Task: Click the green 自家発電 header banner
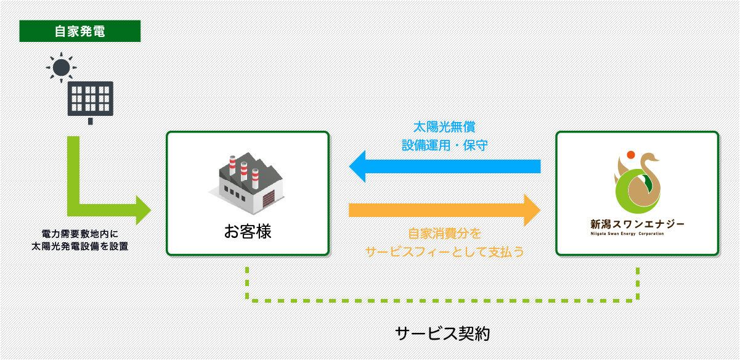tap(80, 31)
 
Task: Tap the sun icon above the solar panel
tap(61, 67)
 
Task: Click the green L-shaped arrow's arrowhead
tap(144, 210)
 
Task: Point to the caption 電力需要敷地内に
tap(79, 234)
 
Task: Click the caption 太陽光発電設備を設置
tap(79, 247)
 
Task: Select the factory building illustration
tap(246, 183)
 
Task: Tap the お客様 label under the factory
tap(248, 231)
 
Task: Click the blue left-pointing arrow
tap(445, 166)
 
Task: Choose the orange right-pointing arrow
tap(445, 210)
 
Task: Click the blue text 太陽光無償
tap(444, 127)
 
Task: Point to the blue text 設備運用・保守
tap(445, 145)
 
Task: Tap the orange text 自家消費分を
tap(445, 234)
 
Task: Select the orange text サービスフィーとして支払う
tap(445, 252)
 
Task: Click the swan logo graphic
tap(637, 182)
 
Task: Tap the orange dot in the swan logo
tap(631, 155)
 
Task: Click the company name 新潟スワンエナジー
tap(637, 224)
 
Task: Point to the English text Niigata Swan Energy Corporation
tap(627, 234)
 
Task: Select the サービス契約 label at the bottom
tap(442, 333)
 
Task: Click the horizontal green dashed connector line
tap(442, 301)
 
